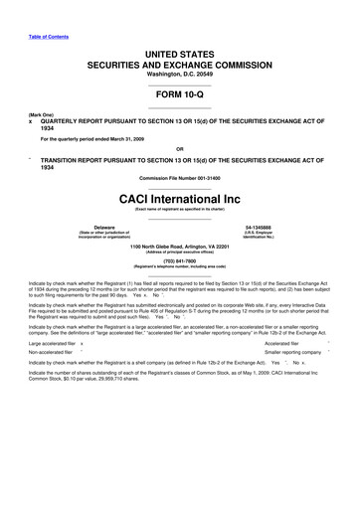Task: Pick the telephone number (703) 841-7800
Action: pos(179,263)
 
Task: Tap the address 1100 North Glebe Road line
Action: pos(179,246)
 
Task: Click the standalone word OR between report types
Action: pos(179,152)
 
